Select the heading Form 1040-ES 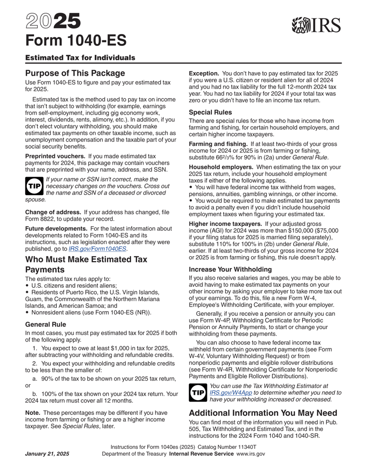click(76, 41)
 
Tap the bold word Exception click(206, 73)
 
